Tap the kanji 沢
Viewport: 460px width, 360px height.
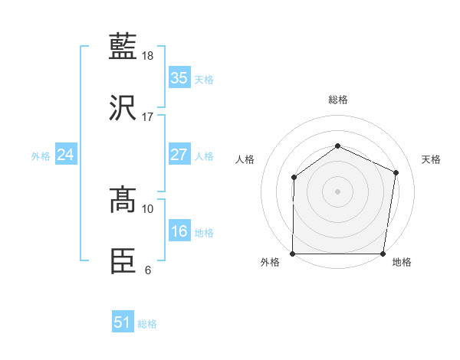pos(124,108)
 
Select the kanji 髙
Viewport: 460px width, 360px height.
pos(124,201)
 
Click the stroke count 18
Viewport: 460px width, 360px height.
pos(148,56)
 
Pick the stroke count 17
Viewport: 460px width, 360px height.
pos(148,117)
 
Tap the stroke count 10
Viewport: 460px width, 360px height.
pos(148,208)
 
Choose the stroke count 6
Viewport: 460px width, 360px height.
pos(148,270)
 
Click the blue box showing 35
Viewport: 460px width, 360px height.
pos(179,77)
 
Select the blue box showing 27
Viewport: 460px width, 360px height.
pos(179,155)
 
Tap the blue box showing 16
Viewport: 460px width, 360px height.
pos(179,231)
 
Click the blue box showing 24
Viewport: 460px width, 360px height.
pos(66,155)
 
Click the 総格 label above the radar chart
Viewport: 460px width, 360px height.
pos(337,100)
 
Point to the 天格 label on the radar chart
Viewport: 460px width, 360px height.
pos(431,159)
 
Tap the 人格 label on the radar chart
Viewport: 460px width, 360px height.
pos(245,159)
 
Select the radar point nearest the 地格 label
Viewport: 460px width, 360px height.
pos(383,254)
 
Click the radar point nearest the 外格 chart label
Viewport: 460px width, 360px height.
pos(293,254)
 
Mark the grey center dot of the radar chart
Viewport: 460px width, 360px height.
pos(337,191)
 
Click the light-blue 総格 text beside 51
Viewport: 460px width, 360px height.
pos(147,324)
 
